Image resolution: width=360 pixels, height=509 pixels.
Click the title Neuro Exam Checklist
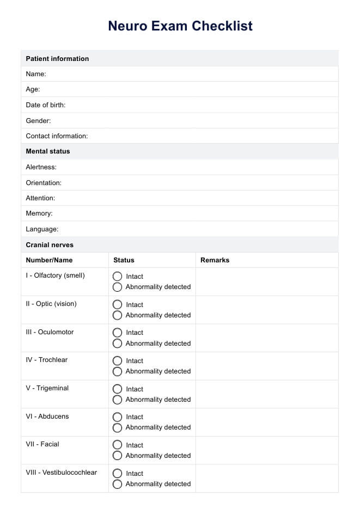180,26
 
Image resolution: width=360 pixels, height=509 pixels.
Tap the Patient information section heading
57,59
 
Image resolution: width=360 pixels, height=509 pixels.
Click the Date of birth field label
46,105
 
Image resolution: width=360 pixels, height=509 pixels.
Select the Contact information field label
57,136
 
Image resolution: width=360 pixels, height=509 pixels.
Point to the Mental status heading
48,151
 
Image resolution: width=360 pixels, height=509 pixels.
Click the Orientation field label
44,183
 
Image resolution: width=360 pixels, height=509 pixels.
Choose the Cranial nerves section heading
50,245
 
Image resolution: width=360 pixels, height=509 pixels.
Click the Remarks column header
215,260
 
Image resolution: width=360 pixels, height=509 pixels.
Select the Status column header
124,260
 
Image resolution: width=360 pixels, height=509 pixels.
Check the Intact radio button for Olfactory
117,277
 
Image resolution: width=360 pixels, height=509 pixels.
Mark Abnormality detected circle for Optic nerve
117,315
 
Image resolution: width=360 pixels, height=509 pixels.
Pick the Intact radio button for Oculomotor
117,333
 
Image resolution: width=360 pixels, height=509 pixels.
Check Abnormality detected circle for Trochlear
117,371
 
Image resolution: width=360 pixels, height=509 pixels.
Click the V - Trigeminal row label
47,388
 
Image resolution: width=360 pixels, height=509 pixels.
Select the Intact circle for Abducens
117,417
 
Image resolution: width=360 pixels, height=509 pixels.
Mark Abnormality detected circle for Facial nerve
117,456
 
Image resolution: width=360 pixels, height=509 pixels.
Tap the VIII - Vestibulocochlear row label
62,473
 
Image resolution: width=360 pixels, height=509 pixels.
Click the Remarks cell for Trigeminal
266,394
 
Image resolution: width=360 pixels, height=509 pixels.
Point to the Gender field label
38,121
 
